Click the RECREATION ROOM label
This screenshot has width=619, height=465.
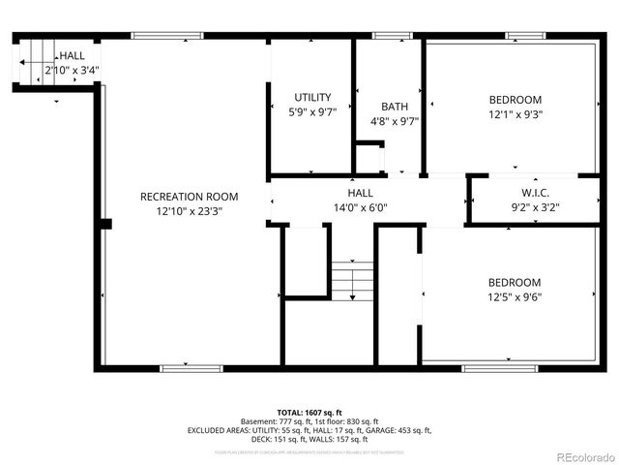pos(189,197)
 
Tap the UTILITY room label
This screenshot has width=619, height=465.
pos(312,98)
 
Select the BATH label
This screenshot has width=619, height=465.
pos(395,108)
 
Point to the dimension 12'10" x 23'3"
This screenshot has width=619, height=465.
pos(189,211)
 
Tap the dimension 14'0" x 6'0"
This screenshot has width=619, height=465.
pos(360,207)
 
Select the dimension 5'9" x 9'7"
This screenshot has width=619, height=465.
pos(312,112)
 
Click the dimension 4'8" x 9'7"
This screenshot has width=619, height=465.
pos(395,122)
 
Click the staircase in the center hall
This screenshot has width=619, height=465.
pos(352,281)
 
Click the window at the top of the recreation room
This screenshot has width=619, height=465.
pos(167,37)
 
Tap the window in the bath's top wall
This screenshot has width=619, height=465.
pos(391,37)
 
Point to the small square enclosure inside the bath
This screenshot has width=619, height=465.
pos(368,157)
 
